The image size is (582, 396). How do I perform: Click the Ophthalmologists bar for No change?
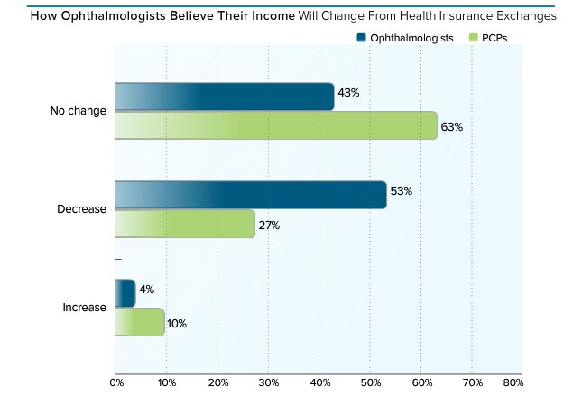point(225,97)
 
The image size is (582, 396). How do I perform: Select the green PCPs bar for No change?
point(276,125)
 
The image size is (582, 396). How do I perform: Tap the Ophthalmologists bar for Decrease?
point(251,194)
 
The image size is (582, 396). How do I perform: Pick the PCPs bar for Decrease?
point(185,224)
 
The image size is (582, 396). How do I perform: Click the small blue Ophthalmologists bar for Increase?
point(125,293)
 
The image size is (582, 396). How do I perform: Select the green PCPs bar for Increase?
point(140,322)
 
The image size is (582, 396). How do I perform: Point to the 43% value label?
point(349,93)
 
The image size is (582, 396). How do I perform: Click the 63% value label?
point(452,127)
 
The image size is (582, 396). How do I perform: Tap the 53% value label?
point(402,191)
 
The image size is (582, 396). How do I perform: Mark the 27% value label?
point(270,226)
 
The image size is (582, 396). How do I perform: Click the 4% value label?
point(147,290)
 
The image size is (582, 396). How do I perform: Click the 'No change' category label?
point(79,111)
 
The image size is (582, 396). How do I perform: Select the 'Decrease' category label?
point(82,209)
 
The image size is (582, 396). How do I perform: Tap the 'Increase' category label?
point(84,308)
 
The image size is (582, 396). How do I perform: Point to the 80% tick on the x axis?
point(513,383)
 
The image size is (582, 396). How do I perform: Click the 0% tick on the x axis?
point(115,383)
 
